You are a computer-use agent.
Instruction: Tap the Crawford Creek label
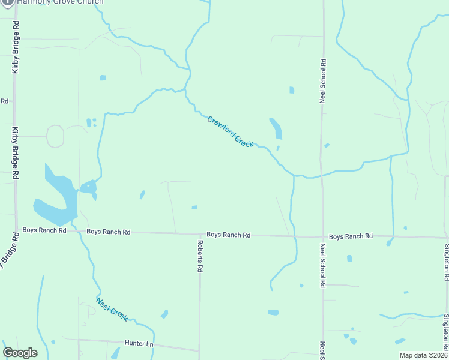pos(231,131)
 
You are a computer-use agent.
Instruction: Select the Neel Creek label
pos(112,309)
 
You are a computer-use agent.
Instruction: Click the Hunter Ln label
pos(139,344)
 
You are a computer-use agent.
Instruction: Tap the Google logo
pos(20,353)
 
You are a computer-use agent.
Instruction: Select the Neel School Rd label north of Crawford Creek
pos(323,81)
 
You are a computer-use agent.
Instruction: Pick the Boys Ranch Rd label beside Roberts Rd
pos(228,235)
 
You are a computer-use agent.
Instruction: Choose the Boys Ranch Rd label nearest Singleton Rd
pos(351,236)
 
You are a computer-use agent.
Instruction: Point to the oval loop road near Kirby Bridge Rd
pos(55,136)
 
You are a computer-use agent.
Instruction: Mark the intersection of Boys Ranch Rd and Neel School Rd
pos(322,236)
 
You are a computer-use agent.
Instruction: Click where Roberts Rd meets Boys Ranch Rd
pos(200,234)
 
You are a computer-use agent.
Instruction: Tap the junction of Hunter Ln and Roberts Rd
pos(200,350)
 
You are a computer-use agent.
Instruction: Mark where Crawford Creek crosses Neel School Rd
pos(322,175)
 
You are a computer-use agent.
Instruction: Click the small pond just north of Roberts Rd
pos(194,208)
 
